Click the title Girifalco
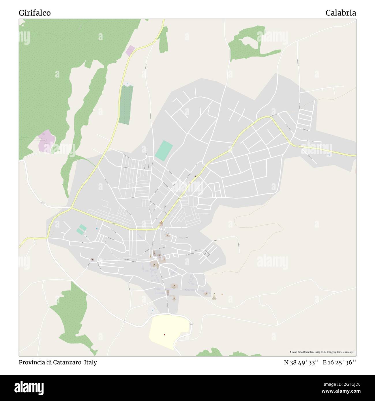point(35,13)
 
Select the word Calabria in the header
point(341,13)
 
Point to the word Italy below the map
point(91,362)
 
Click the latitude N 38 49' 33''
point(301,362)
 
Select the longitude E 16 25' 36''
point(339,362)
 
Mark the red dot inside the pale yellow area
point(164,335)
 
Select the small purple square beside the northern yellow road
point(130,51)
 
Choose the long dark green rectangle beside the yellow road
point(126,105)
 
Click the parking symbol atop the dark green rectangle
point(127,84)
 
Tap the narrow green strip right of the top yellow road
point(164,40)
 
